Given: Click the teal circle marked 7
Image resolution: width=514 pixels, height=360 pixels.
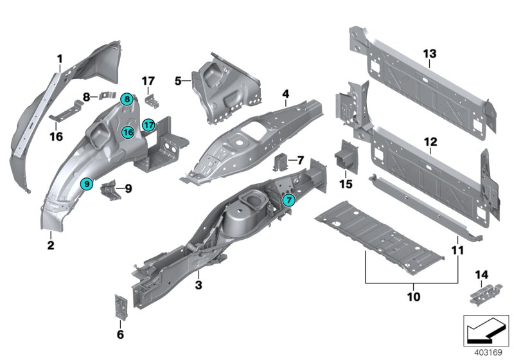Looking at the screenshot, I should [x=289, y=200].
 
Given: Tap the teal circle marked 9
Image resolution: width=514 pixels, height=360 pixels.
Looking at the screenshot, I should [x=86, y=184].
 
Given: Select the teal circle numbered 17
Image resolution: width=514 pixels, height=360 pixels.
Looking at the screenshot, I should [x=148, y=125].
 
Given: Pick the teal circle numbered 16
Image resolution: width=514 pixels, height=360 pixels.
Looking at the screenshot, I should [x=128, y=132].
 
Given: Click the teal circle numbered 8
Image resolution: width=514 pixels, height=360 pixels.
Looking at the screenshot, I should [x=127, y=99].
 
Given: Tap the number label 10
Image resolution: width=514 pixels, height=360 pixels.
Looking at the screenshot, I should [x=411, y=297].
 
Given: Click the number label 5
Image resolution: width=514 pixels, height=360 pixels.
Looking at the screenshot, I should [x=179, y=81].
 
